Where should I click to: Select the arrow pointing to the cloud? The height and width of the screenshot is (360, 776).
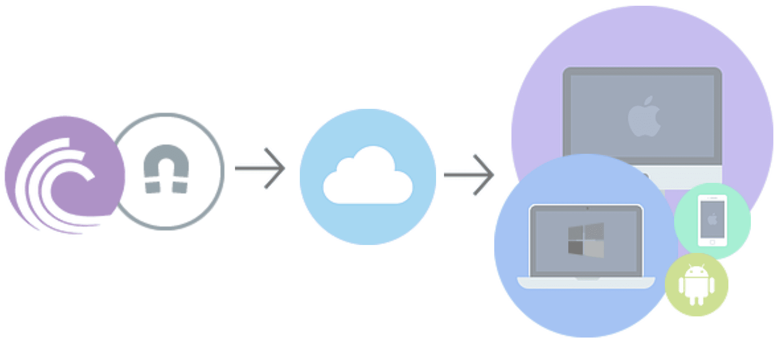pos(260,168)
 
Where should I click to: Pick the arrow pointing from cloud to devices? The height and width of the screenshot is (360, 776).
pos(469,175)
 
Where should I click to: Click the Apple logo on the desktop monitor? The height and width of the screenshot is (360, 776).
pos(644,117)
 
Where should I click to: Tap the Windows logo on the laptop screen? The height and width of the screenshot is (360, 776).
pos(586,240)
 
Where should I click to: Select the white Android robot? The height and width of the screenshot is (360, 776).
pos(696,285)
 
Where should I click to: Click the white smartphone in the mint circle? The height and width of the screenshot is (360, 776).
pos(712,220)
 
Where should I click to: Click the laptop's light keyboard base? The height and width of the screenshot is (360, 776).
pos(586,282)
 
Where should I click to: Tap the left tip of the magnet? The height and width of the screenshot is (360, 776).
pos(153,187)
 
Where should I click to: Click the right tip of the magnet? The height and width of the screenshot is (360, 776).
pos(180,187)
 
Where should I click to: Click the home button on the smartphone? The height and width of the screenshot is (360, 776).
pos(712,242)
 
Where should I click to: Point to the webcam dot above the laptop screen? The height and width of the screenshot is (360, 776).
pos(587,208)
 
